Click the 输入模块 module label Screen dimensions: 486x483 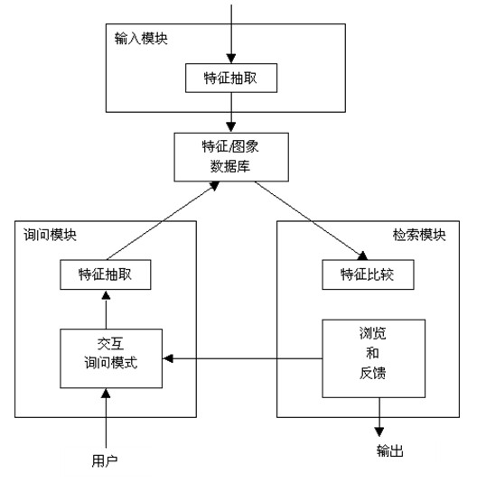141,39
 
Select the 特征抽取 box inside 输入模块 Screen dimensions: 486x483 231,78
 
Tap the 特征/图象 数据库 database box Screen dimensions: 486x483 231,157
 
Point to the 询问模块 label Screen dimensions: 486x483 50,235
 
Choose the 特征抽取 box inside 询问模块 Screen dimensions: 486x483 106,274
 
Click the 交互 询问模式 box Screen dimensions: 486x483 111,358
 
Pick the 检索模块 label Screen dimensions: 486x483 419,235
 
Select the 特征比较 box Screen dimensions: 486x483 368,274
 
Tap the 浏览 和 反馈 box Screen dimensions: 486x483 373,358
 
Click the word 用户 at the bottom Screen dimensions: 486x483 105,460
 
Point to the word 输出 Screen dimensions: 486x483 390,450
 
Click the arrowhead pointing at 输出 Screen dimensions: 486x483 379,432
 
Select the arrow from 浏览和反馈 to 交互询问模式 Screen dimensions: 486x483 242,358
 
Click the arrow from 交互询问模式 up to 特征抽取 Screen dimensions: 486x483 106,310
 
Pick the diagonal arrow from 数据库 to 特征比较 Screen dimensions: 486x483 311,220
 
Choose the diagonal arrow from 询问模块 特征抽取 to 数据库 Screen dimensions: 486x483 163,220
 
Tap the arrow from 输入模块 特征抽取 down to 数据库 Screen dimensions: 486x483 231,112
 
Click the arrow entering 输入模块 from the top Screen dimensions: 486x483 231,34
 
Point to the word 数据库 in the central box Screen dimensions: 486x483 230,167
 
